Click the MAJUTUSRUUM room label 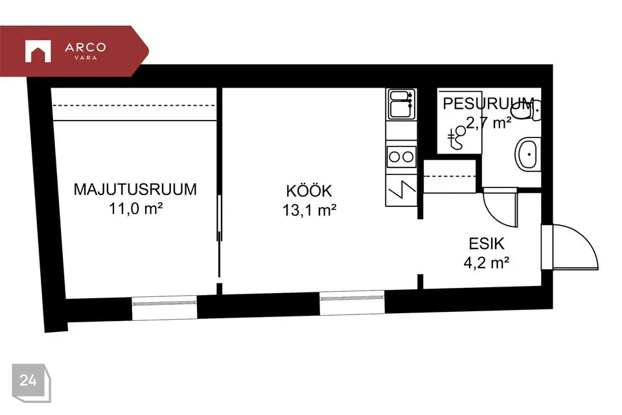click(x=135, y=189)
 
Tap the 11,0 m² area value click(x=135, y=209)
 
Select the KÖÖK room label click(x=309, y=191)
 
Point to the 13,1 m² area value click(x=310, y=210)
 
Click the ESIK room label click(x=487, y=243)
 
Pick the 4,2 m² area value click(x=487, y=263)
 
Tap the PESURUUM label click(x=488, y=104)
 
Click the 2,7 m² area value click(x=489, y=123)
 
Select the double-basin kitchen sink click(x=402, y=104)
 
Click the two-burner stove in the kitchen click(x=402, y=156)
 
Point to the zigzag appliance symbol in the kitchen click(x=402, y=190)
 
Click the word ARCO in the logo click(x=86, y=47)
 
